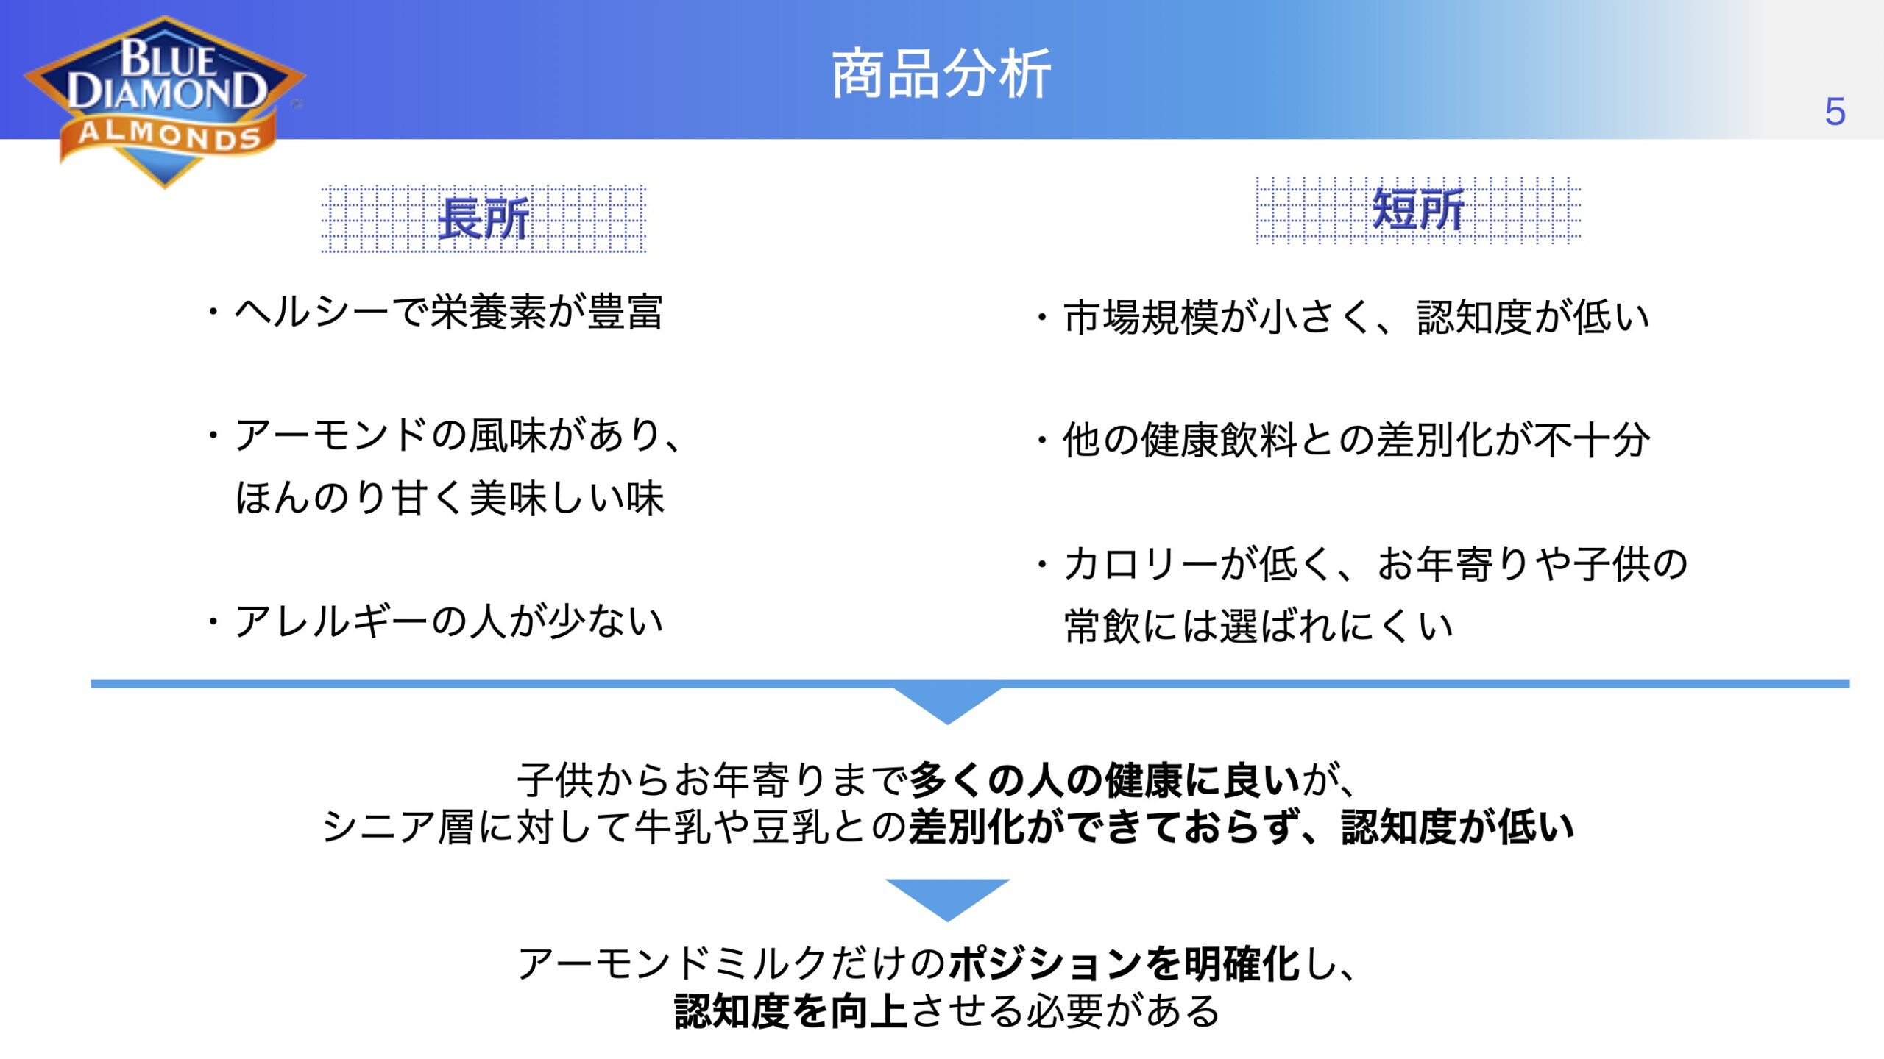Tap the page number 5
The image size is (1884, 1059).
click(1835, 112)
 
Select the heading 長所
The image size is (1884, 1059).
click(484, 218)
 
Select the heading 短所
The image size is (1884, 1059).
click(1418, 210)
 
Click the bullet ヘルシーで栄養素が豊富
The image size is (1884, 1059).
click(435, 312)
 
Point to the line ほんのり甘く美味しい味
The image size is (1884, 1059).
click(450, 498)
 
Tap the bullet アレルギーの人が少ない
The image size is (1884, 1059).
click(435, 621)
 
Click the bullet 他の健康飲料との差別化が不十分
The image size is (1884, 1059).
click(1343, 440)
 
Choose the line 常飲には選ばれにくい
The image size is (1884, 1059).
click(1259, 627)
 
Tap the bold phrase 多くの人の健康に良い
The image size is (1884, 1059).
click(1105, 780)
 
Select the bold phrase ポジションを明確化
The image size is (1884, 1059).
click(1125, 964)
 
